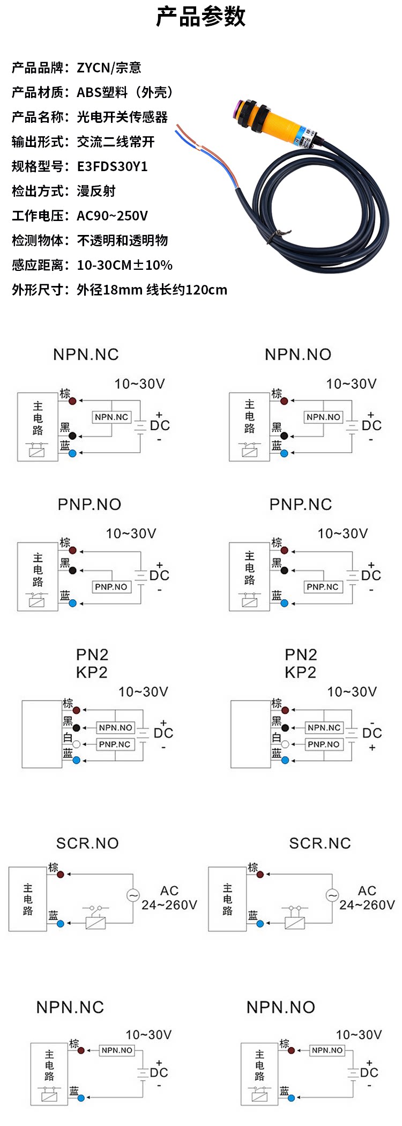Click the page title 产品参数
click(x=201, y=17)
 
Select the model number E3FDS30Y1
click(x=112, y=166)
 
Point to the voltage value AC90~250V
click(x=112, y=216)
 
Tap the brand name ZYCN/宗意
click(x=109, y=68)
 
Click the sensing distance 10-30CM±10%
click(x=124, y=265)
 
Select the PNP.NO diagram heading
click(x=90, y=504)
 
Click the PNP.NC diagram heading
click(x=301, y=504)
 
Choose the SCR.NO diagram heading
click(x=87, y=843)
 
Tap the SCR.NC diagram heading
click(x=320, y=843)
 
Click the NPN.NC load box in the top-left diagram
click(x=111, y=417)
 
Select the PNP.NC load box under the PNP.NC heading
click(x=323, y=587)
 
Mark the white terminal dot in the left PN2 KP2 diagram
click(x=77, y=744)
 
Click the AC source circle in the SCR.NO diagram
click(x=133, y=895)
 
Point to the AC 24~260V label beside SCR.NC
click(x=367, y=898)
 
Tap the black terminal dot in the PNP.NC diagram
click(x=285, y=570)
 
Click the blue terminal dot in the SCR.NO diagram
click(x=61, y=923)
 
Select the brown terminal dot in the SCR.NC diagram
click(x=260, y=874)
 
